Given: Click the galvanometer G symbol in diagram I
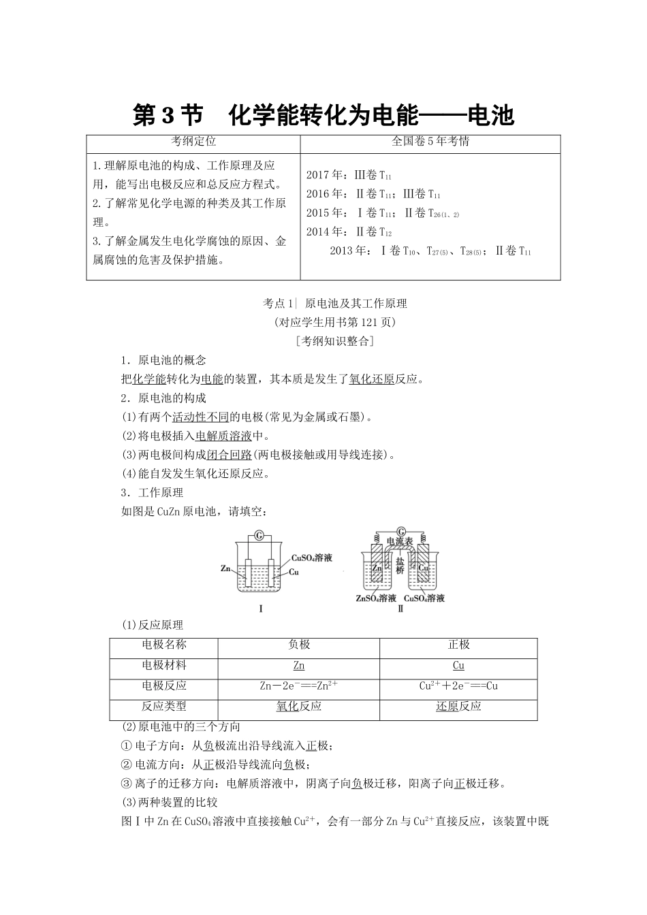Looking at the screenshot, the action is [257, 536].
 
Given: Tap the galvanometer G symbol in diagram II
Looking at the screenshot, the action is [400, 530].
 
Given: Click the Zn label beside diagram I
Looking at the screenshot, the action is [226, 568].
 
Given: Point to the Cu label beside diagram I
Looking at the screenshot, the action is [294, 572].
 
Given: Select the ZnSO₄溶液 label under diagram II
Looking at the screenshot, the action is [376, 598].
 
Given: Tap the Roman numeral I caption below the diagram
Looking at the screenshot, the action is [261, 609].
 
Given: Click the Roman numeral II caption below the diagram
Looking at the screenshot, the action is [400, 609].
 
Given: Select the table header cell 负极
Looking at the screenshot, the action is [299, 645].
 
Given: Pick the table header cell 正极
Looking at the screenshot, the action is [458, 645].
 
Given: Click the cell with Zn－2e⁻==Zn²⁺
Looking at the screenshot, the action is [299, 686].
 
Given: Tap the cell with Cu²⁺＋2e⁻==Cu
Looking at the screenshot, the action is [458, 686].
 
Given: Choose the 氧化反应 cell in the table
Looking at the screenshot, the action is [299, 706].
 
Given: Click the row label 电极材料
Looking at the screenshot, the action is [164, 665].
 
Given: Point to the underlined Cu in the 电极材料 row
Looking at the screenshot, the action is [458, 665].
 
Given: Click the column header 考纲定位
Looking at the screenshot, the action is [193, 142].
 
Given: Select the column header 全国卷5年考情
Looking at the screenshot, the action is [430, 142].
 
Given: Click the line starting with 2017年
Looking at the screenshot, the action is [349, 175].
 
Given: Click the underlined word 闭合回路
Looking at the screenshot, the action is [233, 455].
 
